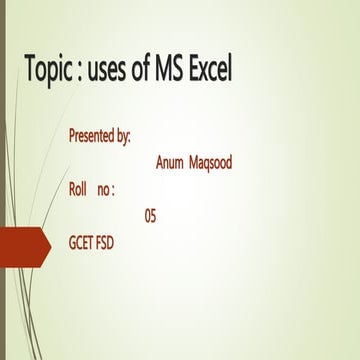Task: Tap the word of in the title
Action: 144,70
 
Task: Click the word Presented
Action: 93,134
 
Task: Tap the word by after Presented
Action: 124,135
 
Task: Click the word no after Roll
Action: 103,189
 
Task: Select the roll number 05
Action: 150,215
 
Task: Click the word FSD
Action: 105,242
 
